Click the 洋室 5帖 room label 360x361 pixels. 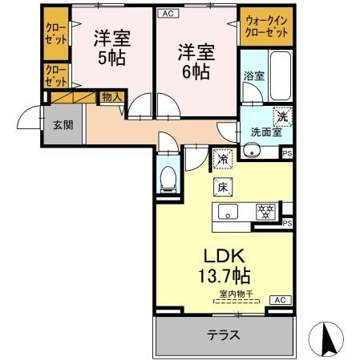pyautogui.click(x=111, y=48)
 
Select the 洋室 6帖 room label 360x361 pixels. pyautogui.click(x=194, y=61)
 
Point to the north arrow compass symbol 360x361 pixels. pyautogui.click(x=330, y=339)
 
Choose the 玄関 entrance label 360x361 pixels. pyautogui.click(x=64, y=125)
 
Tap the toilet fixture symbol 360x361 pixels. pyautogui.click(x=168, y=180)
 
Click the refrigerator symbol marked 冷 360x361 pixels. pyautogui.click(x=221, y=160)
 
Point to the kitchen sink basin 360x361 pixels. pyautogui.click(x=228, y=213)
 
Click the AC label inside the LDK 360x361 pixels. pyautogui.click(x=280, y=300)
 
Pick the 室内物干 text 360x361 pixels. pyautogui.click(x=237, y=294)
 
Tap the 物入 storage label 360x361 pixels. pyautogui.click(x=111, y=97)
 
